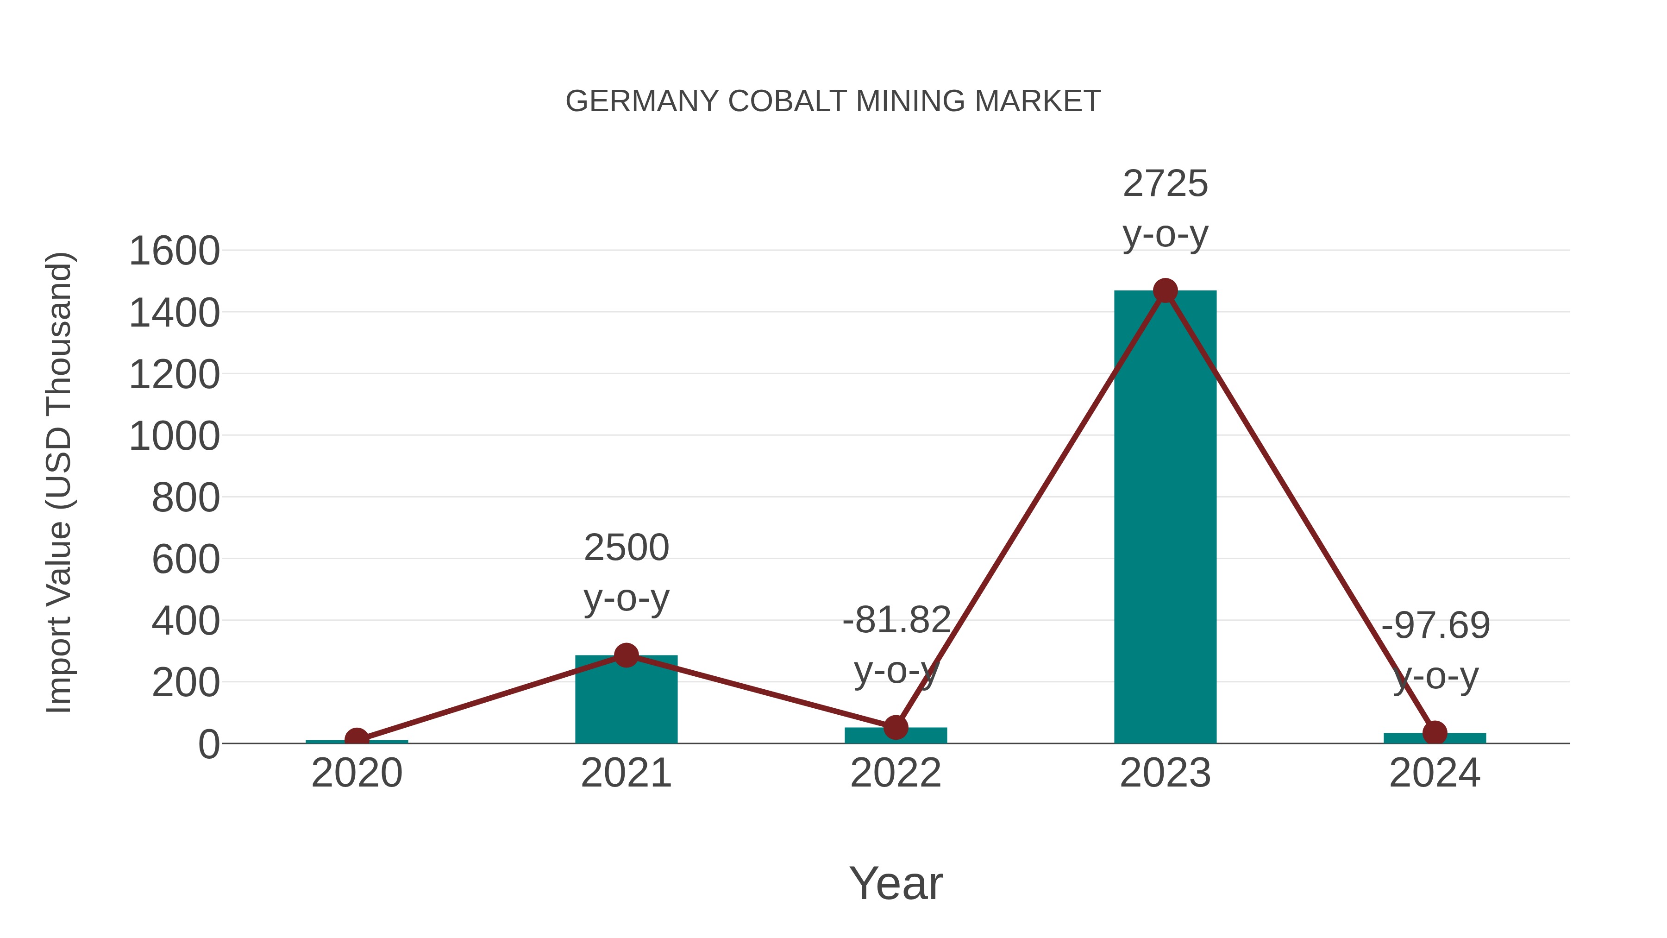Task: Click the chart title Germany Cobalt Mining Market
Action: tap(833, 101)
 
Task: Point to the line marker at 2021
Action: tap(626, 655)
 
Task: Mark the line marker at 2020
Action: tap(357, 739)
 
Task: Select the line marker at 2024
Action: tap(1435, 733)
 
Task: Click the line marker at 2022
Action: tap(896, 728)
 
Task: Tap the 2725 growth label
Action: tap(1165, 184)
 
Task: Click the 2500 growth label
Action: tap(626, 548)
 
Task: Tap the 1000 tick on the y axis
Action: tap(174, 436)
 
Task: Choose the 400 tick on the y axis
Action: tap(186, 622)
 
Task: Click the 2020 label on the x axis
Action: tap(357, 773)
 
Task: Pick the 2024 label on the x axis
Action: tap(1435, 773)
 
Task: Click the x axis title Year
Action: tap(896, 884)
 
